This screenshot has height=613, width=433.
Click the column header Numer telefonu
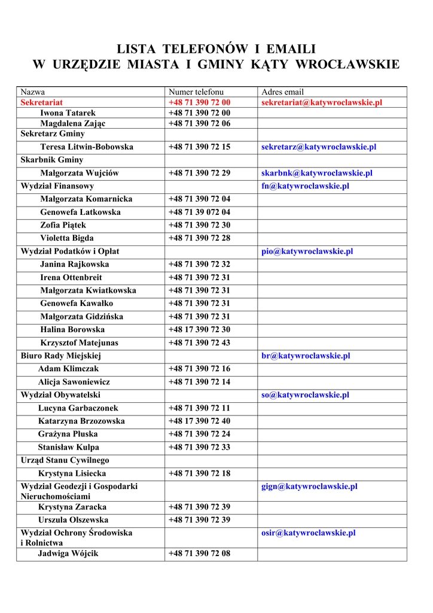(196, 92)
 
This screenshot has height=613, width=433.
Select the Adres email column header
(282, 92)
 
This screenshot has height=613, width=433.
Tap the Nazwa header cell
(33, 92)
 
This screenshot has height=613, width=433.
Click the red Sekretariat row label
(41, 102)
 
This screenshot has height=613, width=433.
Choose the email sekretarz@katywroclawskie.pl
(319, 147)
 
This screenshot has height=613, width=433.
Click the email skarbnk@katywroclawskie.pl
(317, 173)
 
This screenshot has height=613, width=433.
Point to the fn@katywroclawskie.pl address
(305, 186)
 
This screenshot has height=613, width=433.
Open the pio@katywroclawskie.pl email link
(307, 251)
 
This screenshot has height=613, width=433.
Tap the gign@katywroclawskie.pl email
(309, 487)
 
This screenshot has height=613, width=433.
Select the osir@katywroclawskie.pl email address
(309, 533)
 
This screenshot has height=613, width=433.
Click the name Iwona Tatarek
(68, 113)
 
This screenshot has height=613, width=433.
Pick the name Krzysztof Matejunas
(79, 343)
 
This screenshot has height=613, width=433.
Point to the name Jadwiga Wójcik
(68, 554)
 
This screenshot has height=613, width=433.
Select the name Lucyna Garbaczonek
(78, 408)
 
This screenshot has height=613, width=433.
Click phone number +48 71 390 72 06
(199, 123)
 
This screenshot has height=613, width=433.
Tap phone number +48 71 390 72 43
(199, 343)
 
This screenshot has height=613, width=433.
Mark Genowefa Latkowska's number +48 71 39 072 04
(199, 212)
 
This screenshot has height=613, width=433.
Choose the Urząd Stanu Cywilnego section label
(65, 460)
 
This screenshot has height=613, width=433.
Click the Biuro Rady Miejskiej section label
(60, 356)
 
